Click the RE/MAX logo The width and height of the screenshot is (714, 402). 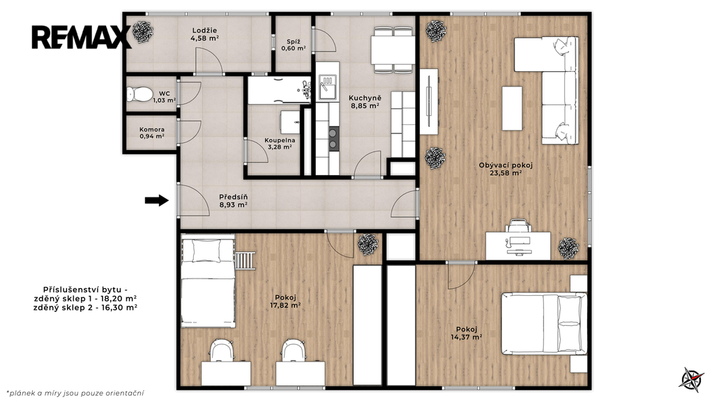point(82,38)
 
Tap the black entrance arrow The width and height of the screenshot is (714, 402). point(157,200)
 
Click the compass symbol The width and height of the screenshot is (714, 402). point(692,379)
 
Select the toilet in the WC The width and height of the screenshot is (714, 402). point(139,94)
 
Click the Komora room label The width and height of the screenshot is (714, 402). point(152,129)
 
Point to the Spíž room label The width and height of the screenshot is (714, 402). point(294,41)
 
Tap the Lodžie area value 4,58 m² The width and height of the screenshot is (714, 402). point(204,38)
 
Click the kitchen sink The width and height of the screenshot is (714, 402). point(328,87)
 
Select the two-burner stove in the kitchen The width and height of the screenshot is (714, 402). point(334,139)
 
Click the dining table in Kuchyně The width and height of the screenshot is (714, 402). point(393,50)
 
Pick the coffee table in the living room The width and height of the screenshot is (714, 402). point(512,108)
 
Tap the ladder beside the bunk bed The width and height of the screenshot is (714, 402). point(245,260)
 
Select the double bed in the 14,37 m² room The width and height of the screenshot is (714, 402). point(544,324)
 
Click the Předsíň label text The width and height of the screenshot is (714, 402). point(233,197)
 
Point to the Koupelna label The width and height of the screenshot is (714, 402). point(280,140)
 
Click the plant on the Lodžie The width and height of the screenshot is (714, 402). point(142,31)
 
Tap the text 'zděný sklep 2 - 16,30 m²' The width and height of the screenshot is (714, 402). point(86,308)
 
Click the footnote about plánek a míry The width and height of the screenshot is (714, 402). point(75,393)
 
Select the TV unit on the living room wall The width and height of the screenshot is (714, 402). point(429,102)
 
